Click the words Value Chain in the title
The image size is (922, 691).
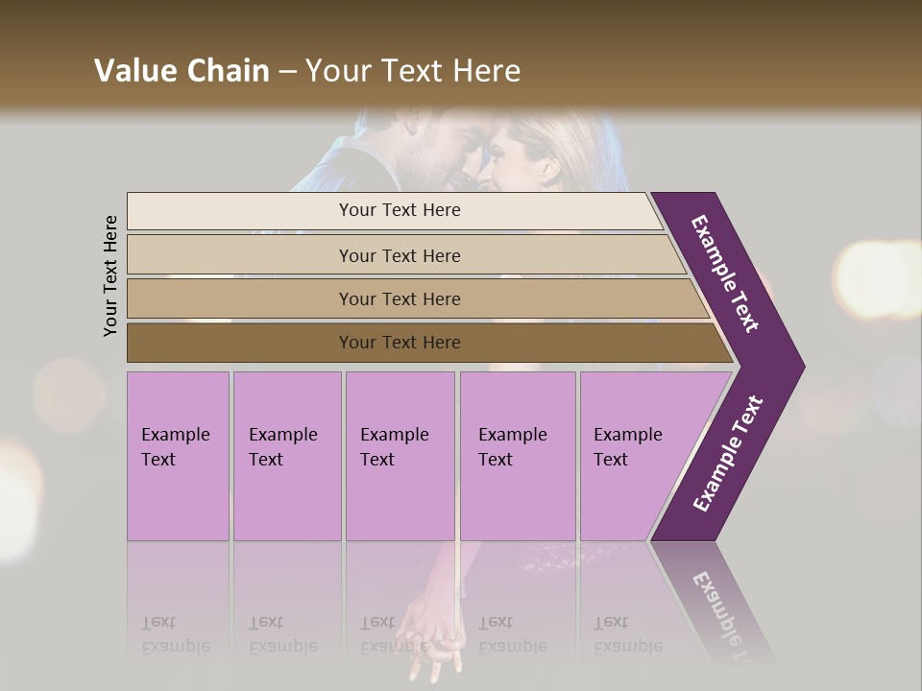(182, 71)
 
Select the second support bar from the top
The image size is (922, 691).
(399, 255)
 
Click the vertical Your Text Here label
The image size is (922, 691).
(110, 275)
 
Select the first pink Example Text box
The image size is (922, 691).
(178, 456)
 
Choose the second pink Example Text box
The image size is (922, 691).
(286, 456)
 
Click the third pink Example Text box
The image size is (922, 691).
(400, 456)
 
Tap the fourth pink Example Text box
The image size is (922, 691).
(517, 456)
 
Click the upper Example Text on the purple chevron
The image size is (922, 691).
(725, 274)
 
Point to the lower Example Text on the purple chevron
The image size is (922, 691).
(728, 453)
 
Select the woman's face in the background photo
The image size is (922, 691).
(514, 154)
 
